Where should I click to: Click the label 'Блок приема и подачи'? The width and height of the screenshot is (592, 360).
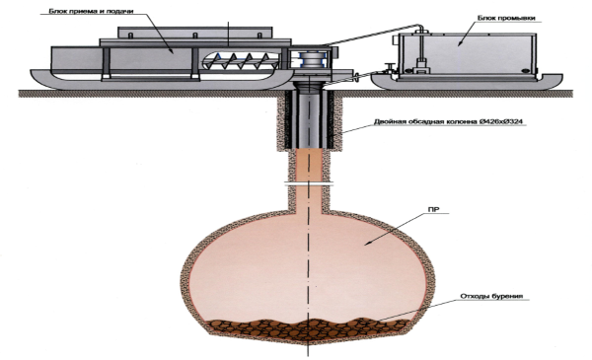click(x=91, y=11)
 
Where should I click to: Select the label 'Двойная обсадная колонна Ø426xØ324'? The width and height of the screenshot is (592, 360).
click(x=449, y=121)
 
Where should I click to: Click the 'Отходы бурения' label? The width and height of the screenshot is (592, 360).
click(x=491, y=296)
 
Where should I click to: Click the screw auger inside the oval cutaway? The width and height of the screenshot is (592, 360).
click(x=242, y=60)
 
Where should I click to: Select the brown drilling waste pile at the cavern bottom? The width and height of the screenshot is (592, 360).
click(x=309, y=329)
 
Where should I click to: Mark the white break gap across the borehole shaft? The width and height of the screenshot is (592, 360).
click(x=309, y=184)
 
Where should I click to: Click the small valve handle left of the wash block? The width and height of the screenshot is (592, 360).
click(x=388, y=67)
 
